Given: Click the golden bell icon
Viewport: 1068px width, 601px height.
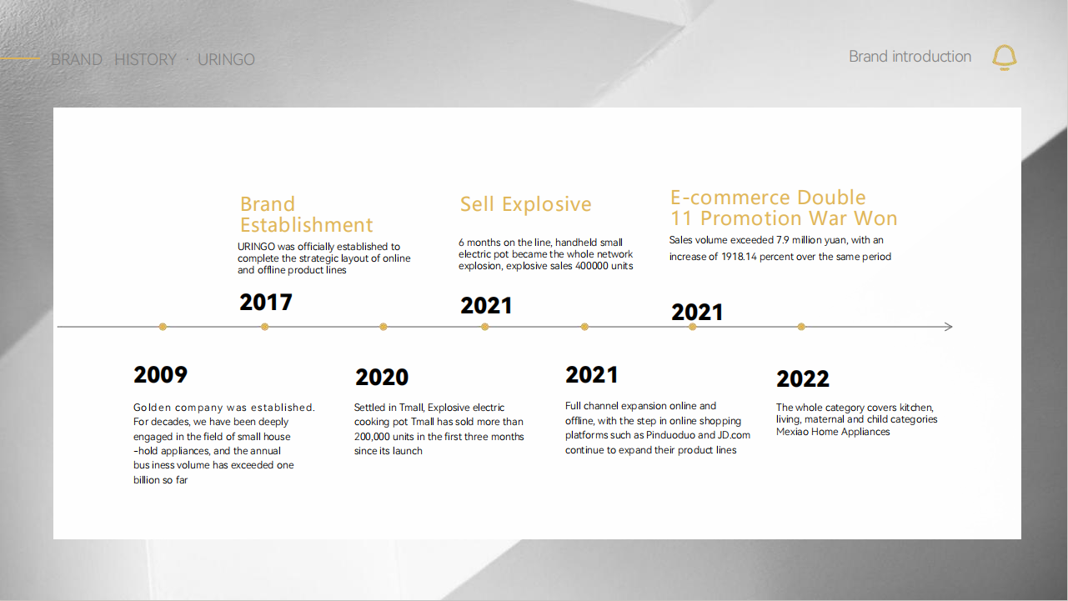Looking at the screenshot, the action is (x=1004, y=58).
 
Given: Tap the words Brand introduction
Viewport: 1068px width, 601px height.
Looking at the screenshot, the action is (x=910, y=57).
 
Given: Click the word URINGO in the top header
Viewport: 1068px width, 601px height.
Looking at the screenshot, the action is (x=226, y=59).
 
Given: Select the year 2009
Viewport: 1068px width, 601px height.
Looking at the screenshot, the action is (x=160, y=374).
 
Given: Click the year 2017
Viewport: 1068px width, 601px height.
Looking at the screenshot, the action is (x=266, y=303).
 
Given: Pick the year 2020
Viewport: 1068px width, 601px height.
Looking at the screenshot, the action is (x=382, y=377).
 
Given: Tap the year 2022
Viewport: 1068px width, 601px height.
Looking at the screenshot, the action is (x=802, y=379).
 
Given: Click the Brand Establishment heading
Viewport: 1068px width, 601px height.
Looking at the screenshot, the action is (x=306, y=214).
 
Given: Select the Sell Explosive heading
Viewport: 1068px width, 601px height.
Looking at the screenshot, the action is (x=525, y=204).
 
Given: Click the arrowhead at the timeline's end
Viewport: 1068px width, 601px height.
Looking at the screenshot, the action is (x=949, y=327).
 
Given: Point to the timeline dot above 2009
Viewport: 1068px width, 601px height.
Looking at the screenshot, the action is (x=163, y=327).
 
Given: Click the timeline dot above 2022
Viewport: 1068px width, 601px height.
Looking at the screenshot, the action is (x=801, y=327).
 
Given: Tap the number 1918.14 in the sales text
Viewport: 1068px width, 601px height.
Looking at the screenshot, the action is (x=739, y=257).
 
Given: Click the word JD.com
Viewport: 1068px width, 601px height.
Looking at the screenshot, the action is (x=734, y=435).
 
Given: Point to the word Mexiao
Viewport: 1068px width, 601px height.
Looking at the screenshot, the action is (x=792, y=432).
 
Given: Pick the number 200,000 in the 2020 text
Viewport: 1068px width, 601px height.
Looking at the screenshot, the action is (x=372, y=437).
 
